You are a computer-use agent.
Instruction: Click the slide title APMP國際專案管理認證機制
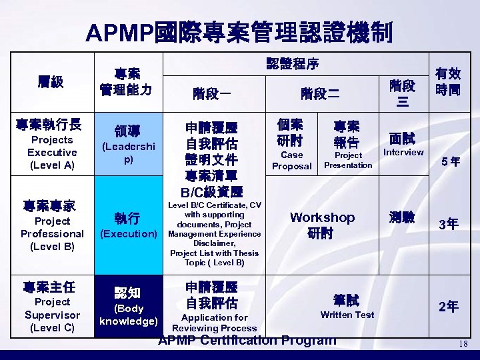coord(239,31)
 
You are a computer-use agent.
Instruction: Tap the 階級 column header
coord(51,82)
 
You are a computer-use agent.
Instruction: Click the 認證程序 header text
coord(293,65)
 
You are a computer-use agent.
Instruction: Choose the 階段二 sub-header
coord(321,93)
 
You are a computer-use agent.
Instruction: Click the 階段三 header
coord(402,93)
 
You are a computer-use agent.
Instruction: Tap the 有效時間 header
coord(447,81)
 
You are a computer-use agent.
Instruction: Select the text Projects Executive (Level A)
coord(51,153)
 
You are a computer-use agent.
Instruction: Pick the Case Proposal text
coord(291,160)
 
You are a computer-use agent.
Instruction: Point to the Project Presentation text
coord(348,160)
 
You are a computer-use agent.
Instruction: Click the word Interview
coord(403,152)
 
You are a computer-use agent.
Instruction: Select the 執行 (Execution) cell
coord(128,226)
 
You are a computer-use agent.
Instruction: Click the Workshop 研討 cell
coord(321,225)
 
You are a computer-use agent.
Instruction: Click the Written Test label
coord(347,315)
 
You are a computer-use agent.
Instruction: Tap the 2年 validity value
coord(448,307)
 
